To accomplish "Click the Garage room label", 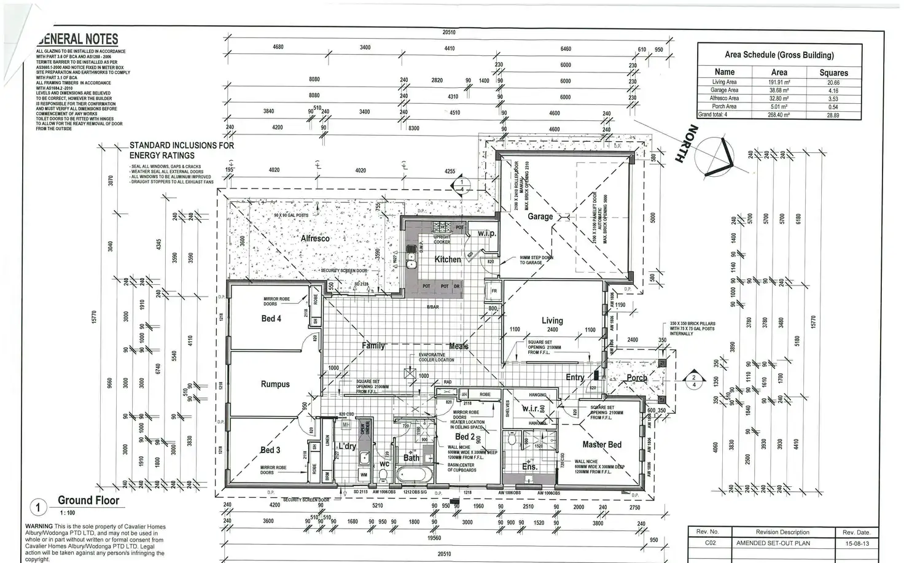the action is (x=540, y=216).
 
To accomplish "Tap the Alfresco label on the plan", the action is (x=315, y=238).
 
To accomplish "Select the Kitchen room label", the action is (x=447, y=259).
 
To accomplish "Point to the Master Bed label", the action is (x=601, y=445).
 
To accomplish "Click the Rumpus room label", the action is (x=275, y=384).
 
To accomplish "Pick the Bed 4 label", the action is (x=271, y=318).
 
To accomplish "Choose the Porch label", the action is (x=636, y=378).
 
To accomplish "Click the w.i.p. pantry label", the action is (x=487, y=233).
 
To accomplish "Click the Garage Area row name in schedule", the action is (x=724, y=90).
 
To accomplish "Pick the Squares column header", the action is (x=833, y=72).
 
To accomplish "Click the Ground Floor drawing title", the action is (x=88, y=500).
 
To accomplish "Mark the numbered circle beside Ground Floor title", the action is (x=38, y=508).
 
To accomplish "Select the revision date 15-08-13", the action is (x=856, y=543).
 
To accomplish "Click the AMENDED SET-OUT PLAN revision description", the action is (x=773, y=543).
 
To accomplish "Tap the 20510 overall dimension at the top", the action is (x=449, y=33).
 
